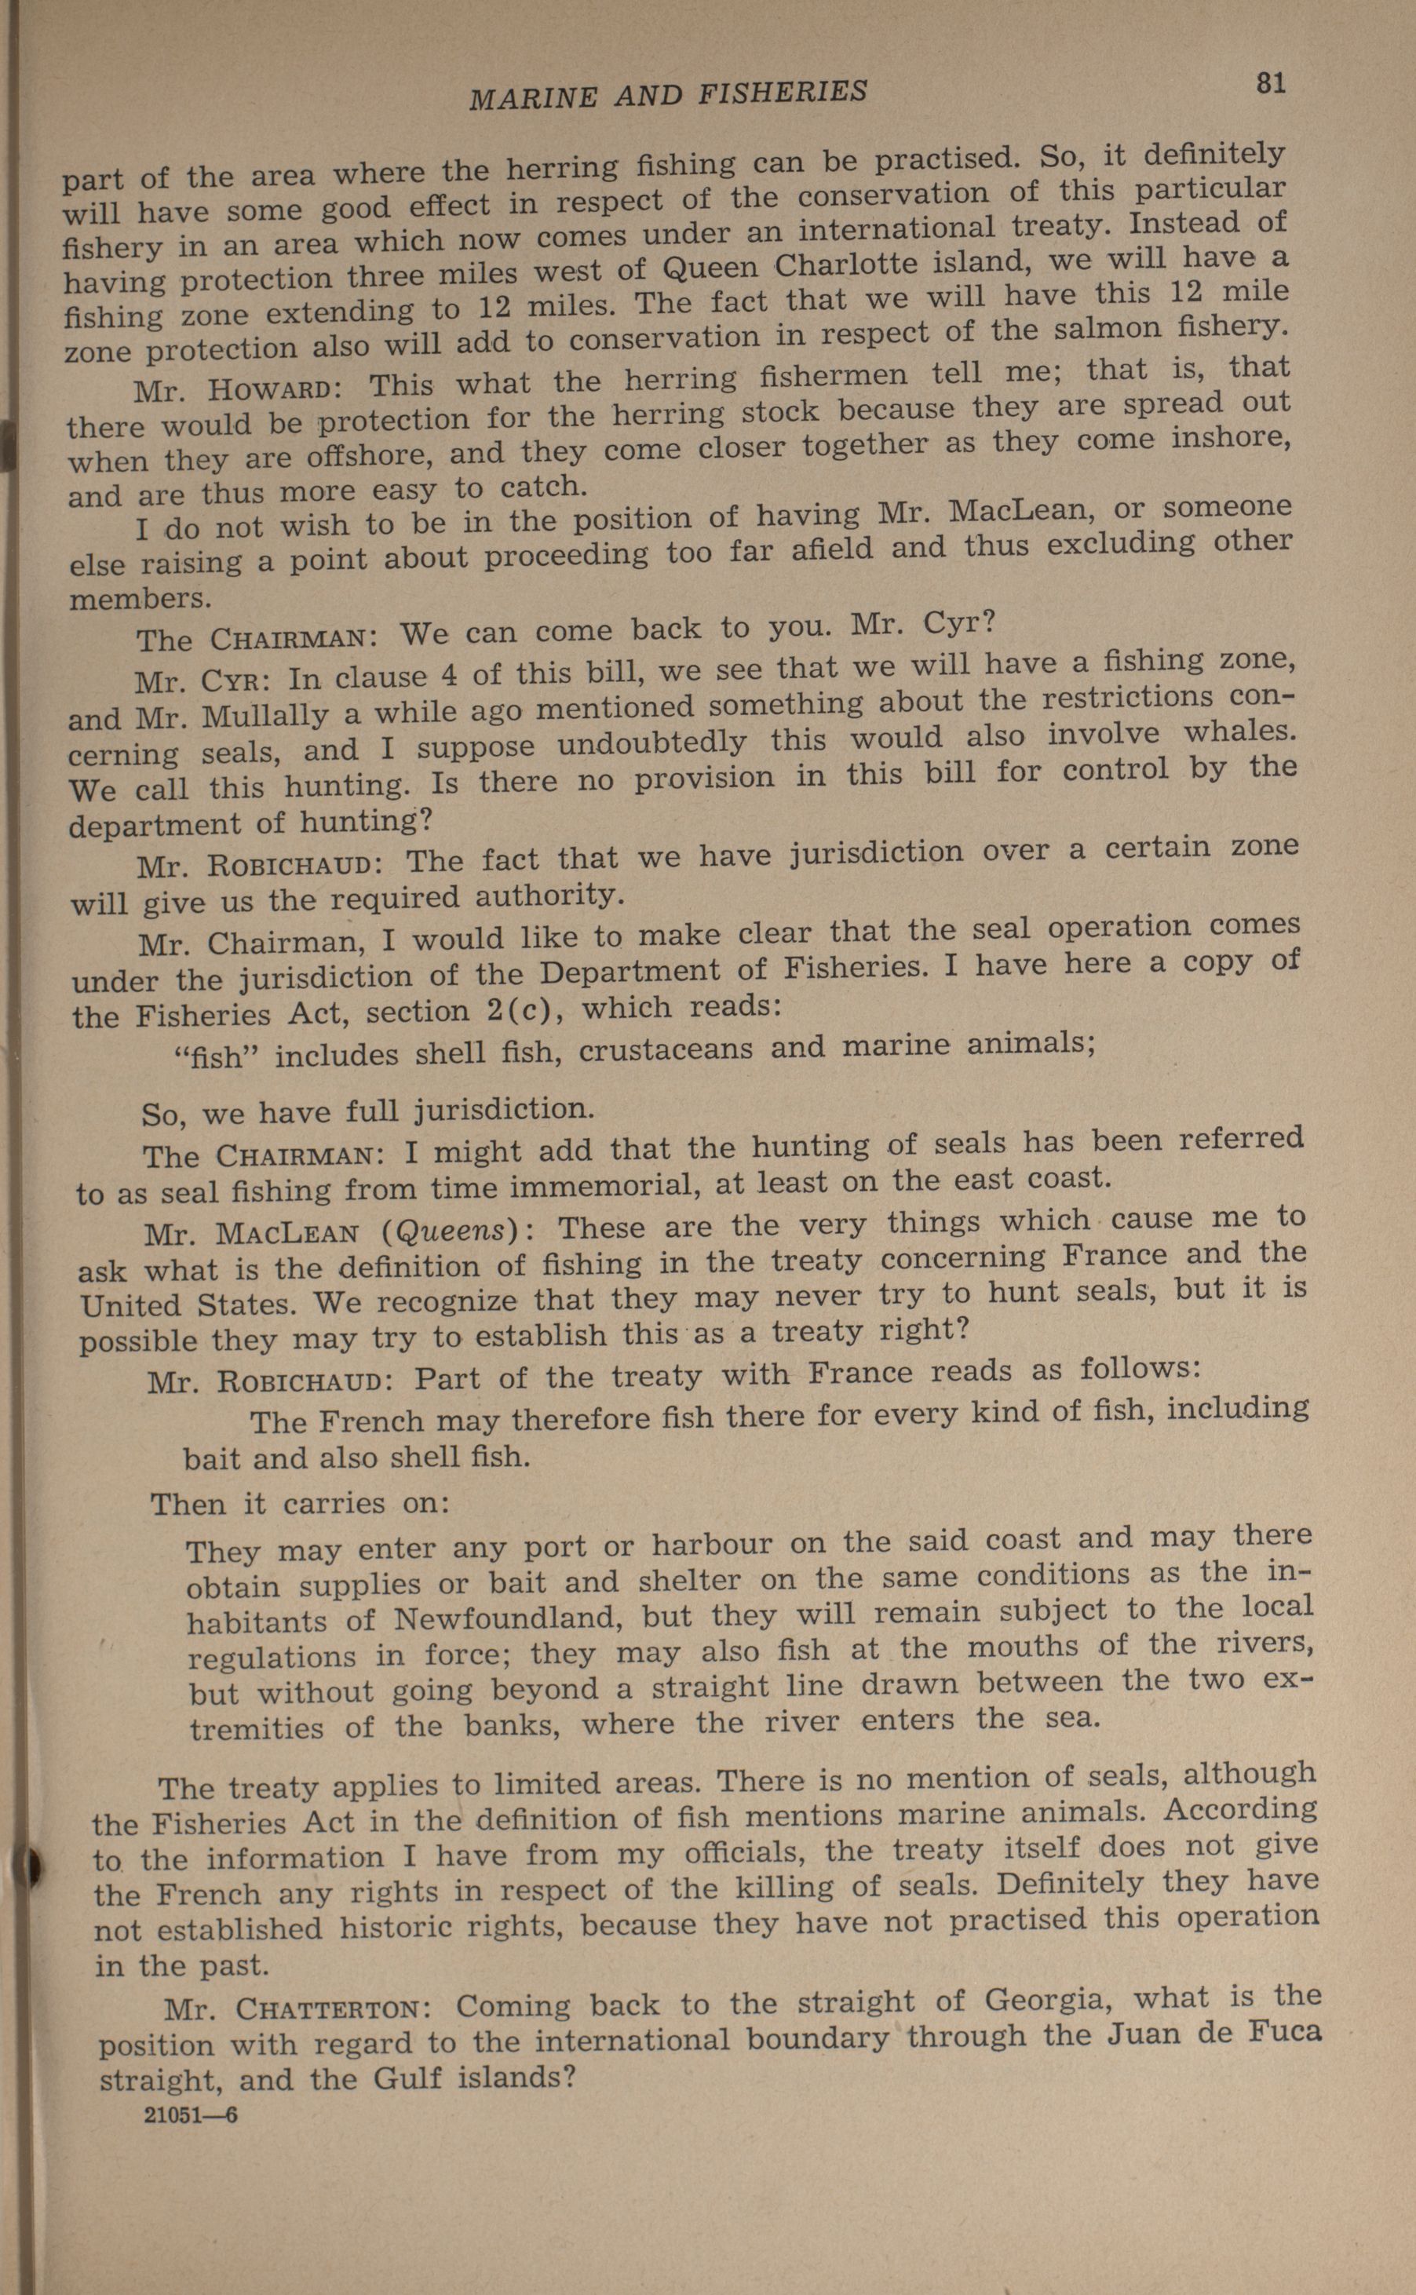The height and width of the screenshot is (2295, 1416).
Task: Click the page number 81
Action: pos(1270,83)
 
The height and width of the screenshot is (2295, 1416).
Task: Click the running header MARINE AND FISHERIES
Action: pos(668,93)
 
